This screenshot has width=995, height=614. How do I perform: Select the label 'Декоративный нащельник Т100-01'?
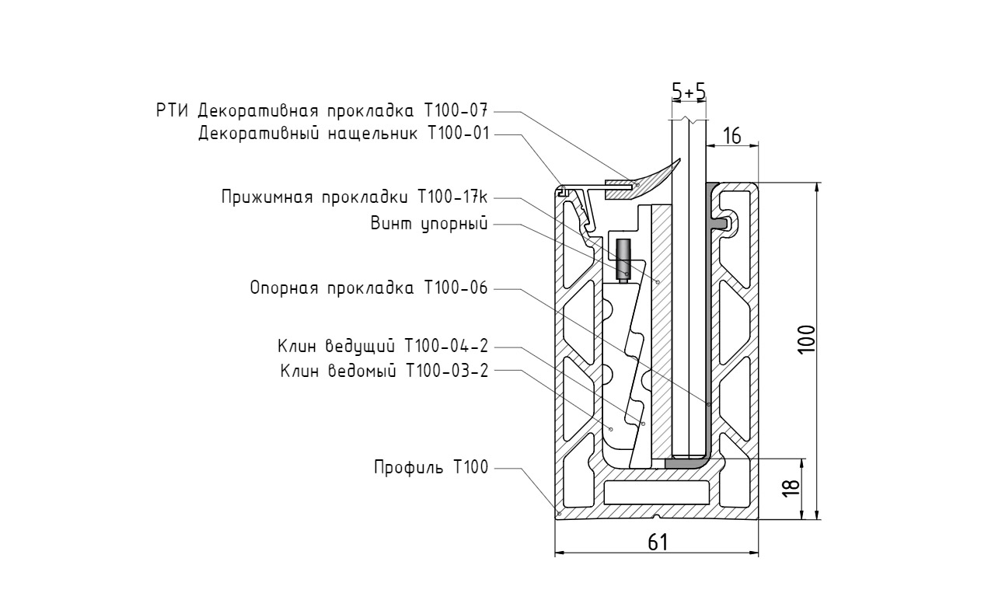click(x=344, y=133)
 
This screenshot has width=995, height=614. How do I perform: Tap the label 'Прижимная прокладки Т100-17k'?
click(x=354, y=197)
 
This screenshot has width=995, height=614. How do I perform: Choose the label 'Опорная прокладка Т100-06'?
click(x=368, y=288)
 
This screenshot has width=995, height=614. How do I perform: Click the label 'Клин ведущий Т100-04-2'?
click(x=382, y=346)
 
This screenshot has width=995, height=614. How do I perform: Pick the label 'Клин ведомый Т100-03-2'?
click(x=384, y=370)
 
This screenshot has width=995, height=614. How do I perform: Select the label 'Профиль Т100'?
click(x=430, y=468)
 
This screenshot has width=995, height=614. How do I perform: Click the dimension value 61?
click(x=658, y=542)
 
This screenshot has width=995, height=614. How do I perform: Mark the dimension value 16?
click(x=731, y=137)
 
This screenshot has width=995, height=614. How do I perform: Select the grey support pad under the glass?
click(x=688, y=462)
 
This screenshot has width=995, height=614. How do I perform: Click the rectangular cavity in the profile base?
click(x=657, y=491)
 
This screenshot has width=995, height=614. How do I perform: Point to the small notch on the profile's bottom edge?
click(x=658, y=516)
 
